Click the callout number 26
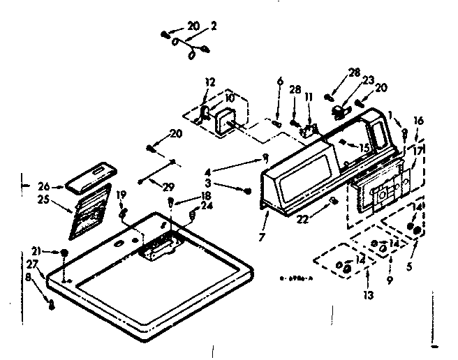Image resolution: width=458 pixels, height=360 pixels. [43, 186]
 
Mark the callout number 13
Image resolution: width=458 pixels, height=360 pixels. [369, 295]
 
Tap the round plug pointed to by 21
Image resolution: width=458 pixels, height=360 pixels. [64, 253]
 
